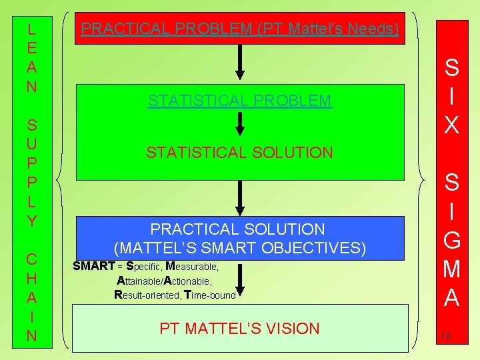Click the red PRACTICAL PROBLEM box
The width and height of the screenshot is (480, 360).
pos(240,29)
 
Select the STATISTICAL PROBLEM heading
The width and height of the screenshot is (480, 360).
pos(239,101)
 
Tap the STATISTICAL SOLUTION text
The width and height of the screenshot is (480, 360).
pos(239,153)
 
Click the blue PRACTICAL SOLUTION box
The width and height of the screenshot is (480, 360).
pos(239,238)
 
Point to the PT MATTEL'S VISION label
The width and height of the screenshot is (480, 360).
pos(239,328)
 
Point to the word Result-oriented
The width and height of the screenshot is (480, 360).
pos(145,294)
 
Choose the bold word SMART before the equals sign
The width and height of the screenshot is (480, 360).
pos(93,267)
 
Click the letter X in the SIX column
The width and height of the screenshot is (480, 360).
pos(451,124)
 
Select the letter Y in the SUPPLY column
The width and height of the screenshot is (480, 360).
pos(31,221)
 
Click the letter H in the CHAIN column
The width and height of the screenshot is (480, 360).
pos(31,276)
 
